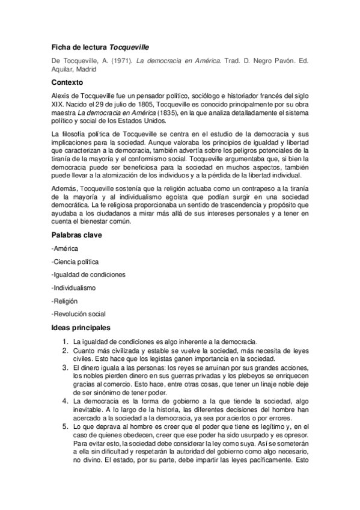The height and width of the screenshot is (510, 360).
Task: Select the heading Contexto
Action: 67,82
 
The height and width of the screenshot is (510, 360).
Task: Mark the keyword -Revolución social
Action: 79,313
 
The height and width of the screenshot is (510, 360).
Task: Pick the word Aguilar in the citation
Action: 63,69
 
